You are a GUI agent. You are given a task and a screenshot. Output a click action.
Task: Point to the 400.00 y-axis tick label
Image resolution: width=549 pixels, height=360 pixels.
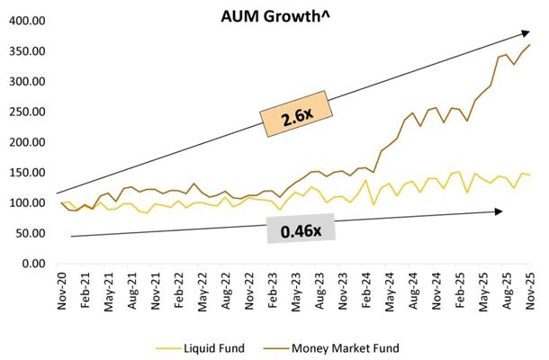(x=27, y=20)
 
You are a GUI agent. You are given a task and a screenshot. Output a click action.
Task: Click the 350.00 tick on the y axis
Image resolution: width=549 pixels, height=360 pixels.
(x=27, y=50)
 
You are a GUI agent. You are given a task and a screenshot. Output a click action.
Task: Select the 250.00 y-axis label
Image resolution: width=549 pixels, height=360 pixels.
(x=27, y=112)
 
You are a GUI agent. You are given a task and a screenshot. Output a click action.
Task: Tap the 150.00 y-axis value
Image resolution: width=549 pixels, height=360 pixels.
(x=27, y=173)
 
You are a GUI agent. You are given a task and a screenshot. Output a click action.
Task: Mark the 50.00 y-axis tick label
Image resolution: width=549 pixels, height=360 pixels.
(x=30, y=234)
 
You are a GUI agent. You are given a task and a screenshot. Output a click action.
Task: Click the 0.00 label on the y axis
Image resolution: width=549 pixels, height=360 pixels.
(x=32, y=265)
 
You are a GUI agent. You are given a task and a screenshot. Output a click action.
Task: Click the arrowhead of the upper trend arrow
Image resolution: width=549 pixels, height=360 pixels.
(x=526, y=32)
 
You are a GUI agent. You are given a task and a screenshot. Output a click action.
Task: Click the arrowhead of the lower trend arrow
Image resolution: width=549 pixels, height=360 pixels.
(x=499, y=211)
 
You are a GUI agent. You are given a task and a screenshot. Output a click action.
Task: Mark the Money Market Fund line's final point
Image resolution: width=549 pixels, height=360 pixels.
(x=530, y=44)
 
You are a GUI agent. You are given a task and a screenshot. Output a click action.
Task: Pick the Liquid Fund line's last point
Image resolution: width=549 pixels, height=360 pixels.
(x=530, y=175)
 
